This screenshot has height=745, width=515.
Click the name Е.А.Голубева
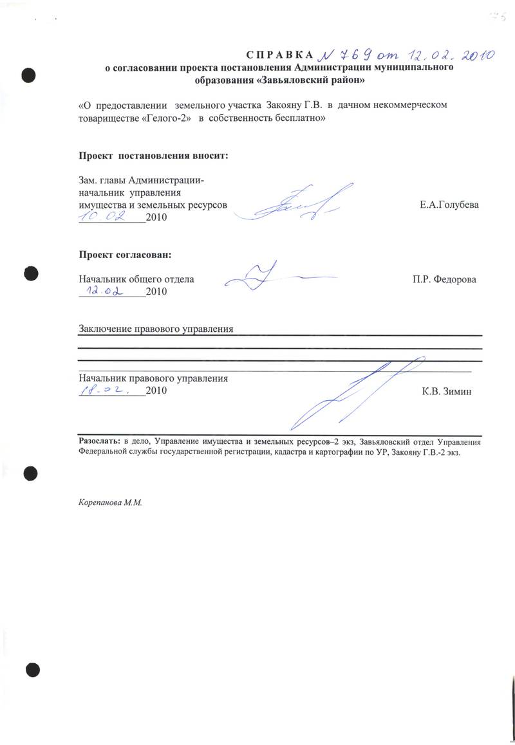click(449, 205)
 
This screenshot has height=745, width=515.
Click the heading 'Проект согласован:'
click(126, 254)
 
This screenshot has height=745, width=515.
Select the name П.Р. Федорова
click(445, 280)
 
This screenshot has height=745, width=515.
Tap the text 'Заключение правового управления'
click(155, 329)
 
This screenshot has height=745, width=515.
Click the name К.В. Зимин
click(447, 391)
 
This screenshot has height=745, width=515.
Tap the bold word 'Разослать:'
click(98, 443)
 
